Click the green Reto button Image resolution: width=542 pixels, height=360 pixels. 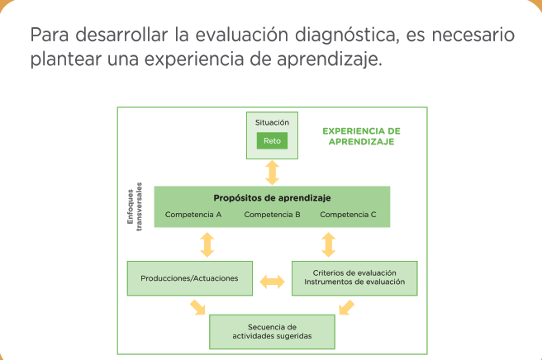(x=272, y=140)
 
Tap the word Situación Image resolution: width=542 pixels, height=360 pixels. (x=272, y=122)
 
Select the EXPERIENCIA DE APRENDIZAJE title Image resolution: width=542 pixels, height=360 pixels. (x=362, y=136)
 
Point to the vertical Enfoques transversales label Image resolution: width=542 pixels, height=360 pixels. (x=135, y=206)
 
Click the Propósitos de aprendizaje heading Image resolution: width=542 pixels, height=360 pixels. (x=272, y=198)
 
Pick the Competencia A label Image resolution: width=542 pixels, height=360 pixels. (x=193, y=215)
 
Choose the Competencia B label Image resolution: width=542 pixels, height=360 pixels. (x=272, y=215)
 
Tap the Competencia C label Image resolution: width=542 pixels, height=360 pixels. (x=348, y=215)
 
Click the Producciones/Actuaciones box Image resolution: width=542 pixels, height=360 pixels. (x=190, y=278)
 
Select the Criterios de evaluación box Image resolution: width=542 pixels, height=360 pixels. (x=354, y=278)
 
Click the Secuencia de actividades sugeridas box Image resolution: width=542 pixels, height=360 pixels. (x=272, y=332)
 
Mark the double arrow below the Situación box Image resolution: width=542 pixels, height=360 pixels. (x=272, y=173)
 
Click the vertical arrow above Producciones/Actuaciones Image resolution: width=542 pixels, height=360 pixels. (x=207, y=244)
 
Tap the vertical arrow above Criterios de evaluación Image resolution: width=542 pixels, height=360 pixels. (x=328, y=244)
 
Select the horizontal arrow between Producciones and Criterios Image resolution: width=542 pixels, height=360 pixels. (x=272, y=282)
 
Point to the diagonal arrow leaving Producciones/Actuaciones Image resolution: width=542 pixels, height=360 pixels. (x=197, y=307)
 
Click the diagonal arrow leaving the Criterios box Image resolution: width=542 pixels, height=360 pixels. (x=347, y=307)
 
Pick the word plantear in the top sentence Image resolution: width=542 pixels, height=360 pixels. (x=65, y=59)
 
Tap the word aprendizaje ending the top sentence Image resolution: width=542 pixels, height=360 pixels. (x=330, y=59)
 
